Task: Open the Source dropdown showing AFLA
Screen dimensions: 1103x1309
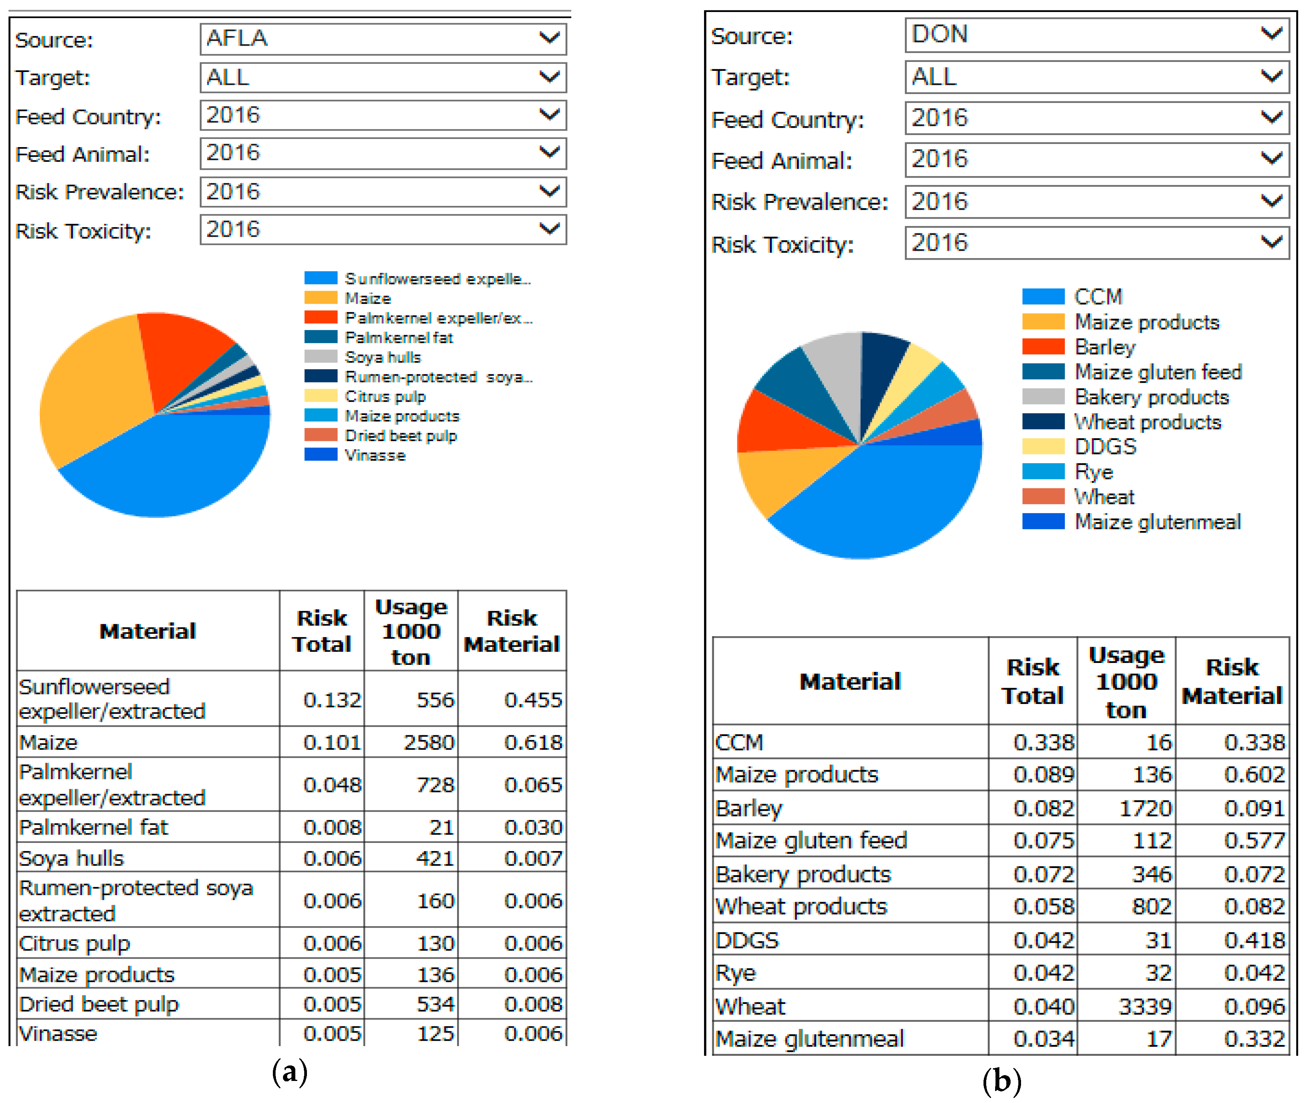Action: pos(383,39)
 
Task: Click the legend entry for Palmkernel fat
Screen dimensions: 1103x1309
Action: pos(398,337)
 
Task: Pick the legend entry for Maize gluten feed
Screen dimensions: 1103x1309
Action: pos(1157,372)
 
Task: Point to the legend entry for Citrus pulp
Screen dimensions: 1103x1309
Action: pos(385,396)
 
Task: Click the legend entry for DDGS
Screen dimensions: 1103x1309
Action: pos(1105,447)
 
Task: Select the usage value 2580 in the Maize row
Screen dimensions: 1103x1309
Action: pos(428,742)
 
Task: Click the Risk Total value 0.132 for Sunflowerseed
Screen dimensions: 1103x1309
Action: pos(332,700)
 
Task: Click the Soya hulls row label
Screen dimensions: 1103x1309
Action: pos(71,858)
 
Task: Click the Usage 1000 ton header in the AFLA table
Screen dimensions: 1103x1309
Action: pos(411,632)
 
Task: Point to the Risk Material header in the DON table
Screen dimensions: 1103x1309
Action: pos(1232,682)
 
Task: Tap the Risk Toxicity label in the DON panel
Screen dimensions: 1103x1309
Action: pos(782,245)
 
